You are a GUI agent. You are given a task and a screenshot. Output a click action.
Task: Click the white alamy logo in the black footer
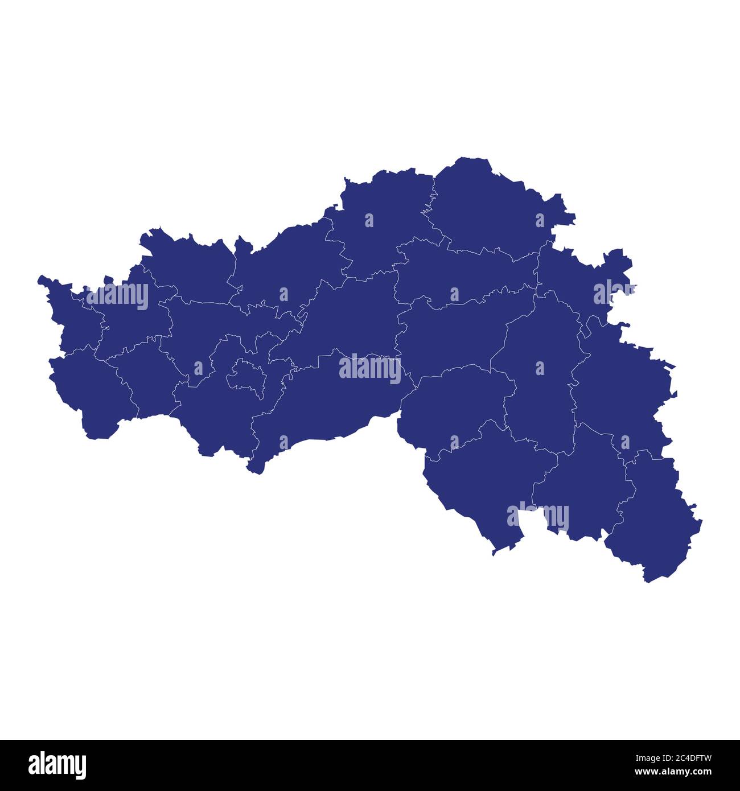click(57, 765)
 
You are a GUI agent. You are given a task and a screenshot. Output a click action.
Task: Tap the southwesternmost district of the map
click(91, 393)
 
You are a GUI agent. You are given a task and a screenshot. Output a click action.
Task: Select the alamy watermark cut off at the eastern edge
click(614, 292)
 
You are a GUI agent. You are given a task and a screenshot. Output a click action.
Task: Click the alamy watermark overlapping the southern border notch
click(538, 517)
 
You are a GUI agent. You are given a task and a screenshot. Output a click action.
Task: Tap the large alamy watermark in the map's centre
click(370, 368)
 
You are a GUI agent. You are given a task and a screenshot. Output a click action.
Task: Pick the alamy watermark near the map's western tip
click(117, 295)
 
